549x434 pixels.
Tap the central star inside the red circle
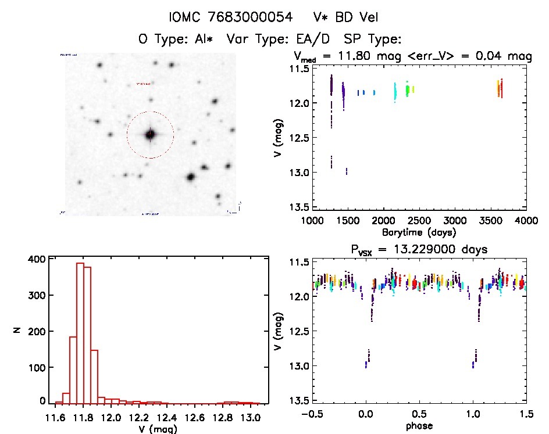point(150,134)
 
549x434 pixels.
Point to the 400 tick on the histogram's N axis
point(37,260)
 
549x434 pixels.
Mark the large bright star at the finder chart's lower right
point(190,177)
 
